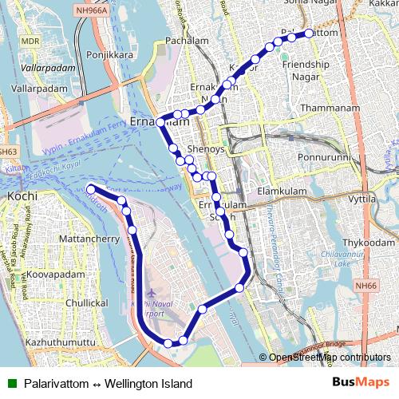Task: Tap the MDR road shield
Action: tap(30, 40)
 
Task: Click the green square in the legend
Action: tap(10, 383)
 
